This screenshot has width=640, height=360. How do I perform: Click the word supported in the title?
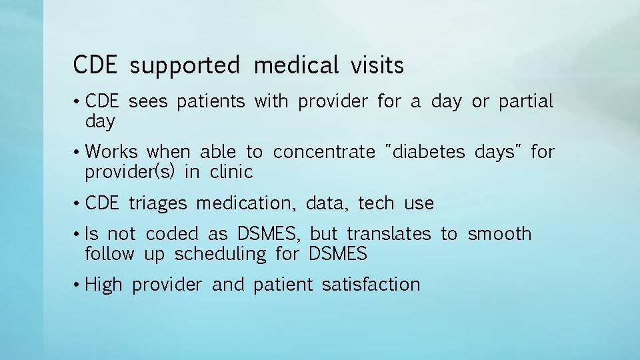[185, 66]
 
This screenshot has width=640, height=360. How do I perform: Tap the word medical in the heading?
[296, 66]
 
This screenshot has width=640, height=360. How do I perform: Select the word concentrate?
[324, 152]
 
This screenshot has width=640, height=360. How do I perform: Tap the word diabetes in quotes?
[429, 152]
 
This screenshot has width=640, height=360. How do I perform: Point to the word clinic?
[231, 172]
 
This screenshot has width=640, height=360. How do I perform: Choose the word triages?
[158, 203]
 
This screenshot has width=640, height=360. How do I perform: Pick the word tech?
[376, 203]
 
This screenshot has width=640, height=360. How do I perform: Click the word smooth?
[499, 234]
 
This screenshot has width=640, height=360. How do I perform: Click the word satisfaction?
[371, 285]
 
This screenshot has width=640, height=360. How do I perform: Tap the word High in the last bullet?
[104, 285]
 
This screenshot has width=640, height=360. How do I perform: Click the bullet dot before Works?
[77, 153]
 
